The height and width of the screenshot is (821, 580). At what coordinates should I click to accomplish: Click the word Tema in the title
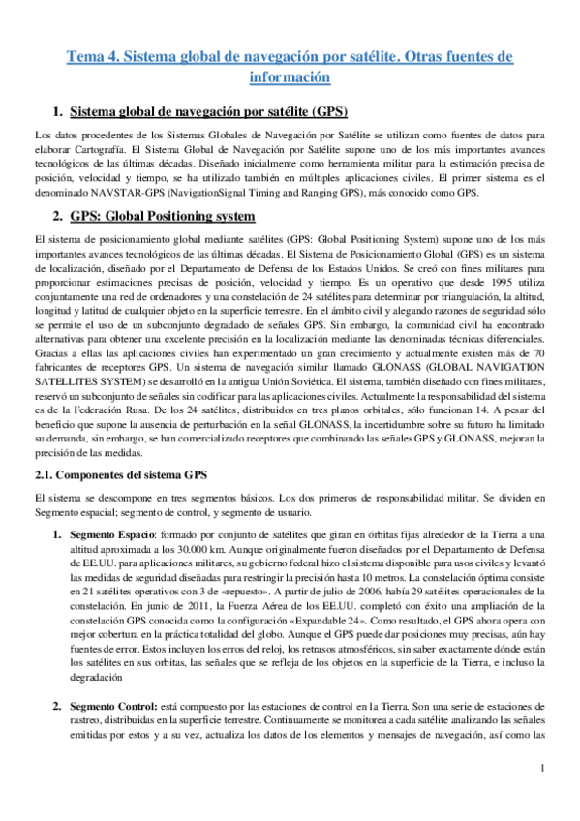[83, 58]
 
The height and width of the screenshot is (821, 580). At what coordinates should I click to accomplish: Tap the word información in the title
[290, 76]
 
